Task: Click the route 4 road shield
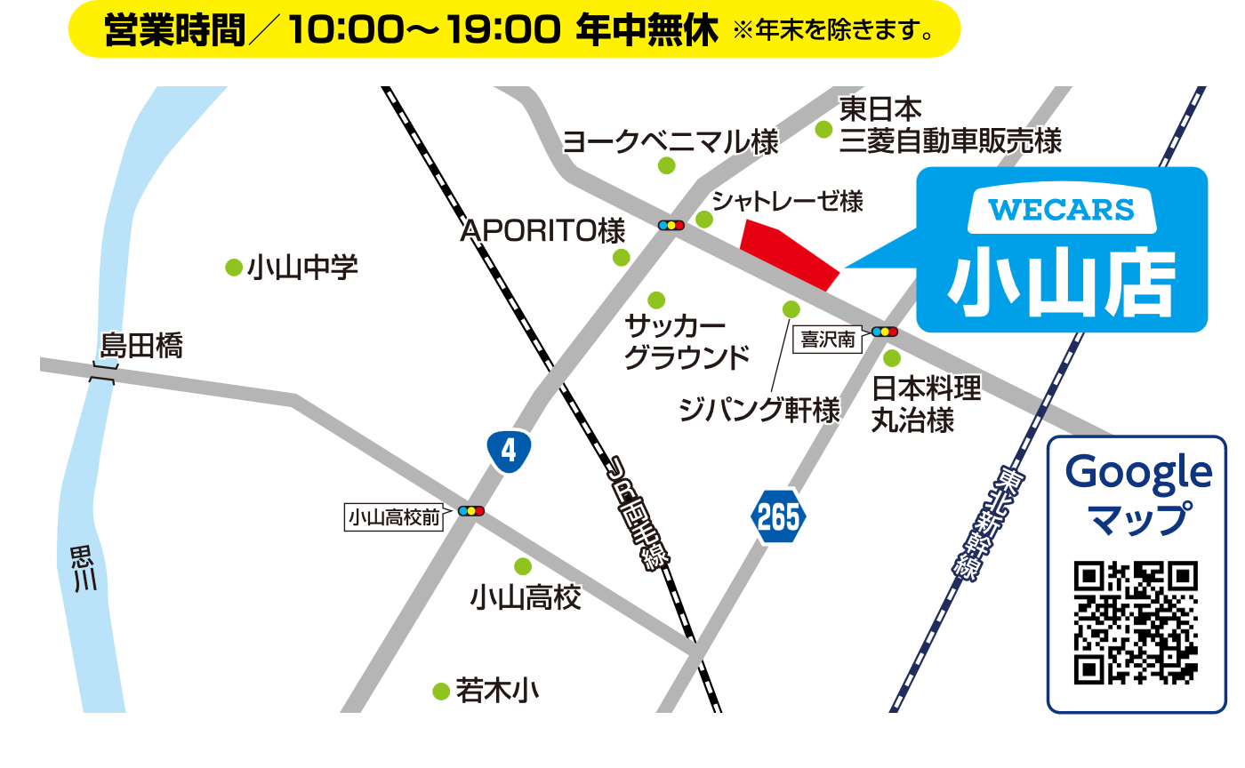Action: pos(509,451)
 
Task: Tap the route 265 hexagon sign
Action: pos(778,516)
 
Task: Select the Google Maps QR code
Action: pos(1136,622)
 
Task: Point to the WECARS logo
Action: pos(1061,210)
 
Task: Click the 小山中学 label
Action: pos(303,267)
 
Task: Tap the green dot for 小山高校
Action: pos(523,566)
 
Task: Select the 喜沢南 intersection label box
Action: pos(827,340)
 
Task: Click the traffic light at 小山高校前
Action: pos(470,511)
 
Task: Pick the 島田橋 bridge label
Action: pos(142,346)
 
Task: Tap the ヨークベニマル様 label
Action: pos(671,141)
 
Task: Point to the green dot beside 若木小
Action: pos(441,691)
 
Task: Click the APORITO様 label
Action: pos(542,231)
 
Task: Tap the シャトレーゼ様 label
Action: pos(787,202)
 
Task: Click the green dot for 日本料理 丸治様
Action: pos(891,358)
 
